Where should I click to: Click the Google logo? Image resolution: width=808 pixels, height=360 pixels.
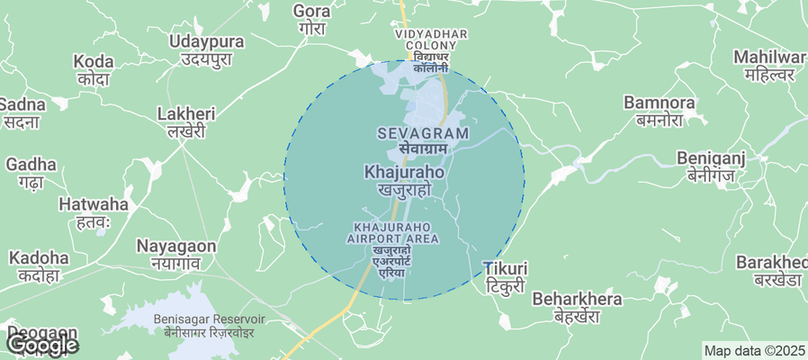(x=42, y=344)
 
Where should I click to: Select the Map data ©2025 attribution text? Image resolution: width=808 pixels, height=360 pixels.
(x=754, y=351)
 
